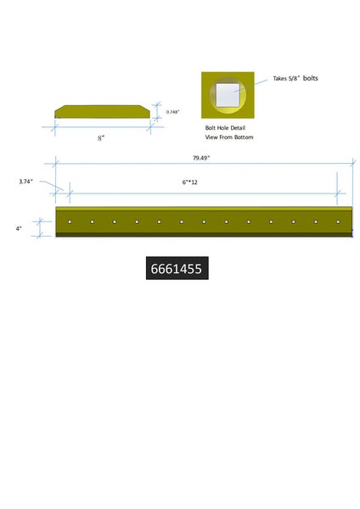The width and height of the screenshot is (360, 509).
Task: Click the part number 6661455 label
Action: click(x=177, y=268)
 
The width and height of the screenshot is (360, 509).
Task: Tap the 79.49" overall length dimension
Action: click(x=201, y=158)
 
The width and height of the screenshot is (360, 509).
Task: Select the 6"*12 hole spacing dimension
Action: click(x=189, y=182)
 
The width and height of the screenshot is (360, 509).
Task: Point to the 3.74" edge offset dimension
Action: click(x=25, y=182)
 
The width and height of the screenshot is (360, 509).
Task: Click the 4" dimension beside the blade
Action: click(x=19, y=228)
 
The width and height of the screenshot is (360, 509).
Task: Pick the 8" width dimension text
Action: click(x=101, y=138)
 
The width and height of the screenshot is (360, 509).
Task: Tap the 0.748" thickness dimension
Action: click(x=172, y=112)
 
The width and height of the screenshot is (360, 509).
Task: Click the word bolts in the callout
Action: click(x=310, y=78)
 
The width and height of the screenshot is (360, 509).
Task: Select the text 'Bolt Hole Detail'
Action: click(x=225, y=128)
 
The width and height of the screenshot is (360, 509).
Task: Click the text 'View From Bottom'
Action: click(x=229, y=137)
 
